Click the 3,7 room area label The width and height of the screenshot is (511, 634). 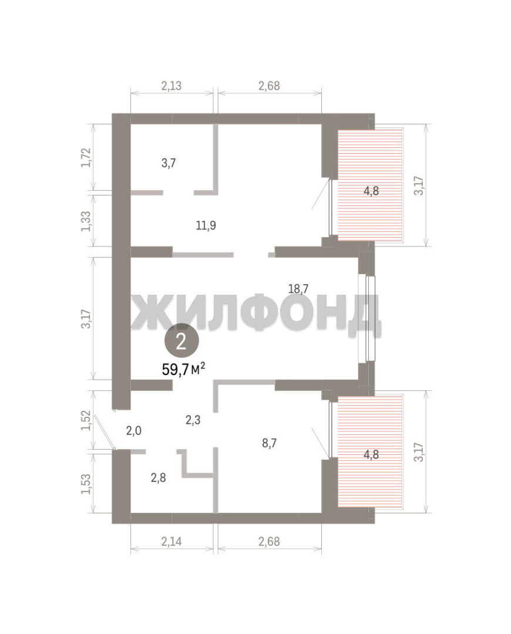[169, 163]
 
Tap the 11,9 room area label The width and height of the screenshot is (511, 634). [206, 225]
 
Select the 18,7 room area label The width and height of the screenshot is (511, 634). [298, 289]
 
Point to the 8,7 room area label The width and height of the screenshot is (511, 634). [269, 443]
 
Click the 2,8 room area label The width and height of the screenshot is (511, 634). [158, 478]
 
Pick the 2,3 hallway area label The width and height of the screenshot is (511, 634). [193, 420]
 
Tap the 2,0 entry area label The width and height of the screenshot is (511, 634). [133, 431]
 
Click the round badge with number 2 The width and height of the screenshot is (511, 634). [181, 341]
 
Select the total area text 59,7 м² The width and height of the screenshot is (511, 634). [183, 369]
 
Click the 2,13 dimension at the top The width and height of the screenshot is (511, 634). [171, 86]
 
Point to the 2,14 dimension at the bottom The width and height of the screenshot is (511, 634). [171, 541]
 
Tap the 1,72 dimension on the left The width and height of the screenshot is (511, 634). [86, 157]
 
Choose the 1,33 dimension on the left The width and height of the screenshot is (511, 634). [86, 221]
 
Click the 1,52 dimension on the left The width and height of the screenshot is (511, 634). [86, 420]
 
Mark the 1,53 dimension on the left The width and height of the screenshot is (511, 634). [86, 484]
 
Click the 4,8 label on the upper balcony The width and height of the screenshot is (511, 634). [371, 191]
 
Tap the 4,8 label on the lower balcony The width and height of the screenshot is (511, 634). [371, 454]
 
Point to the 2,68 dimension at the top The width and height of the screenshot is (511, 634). [269, 86]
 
